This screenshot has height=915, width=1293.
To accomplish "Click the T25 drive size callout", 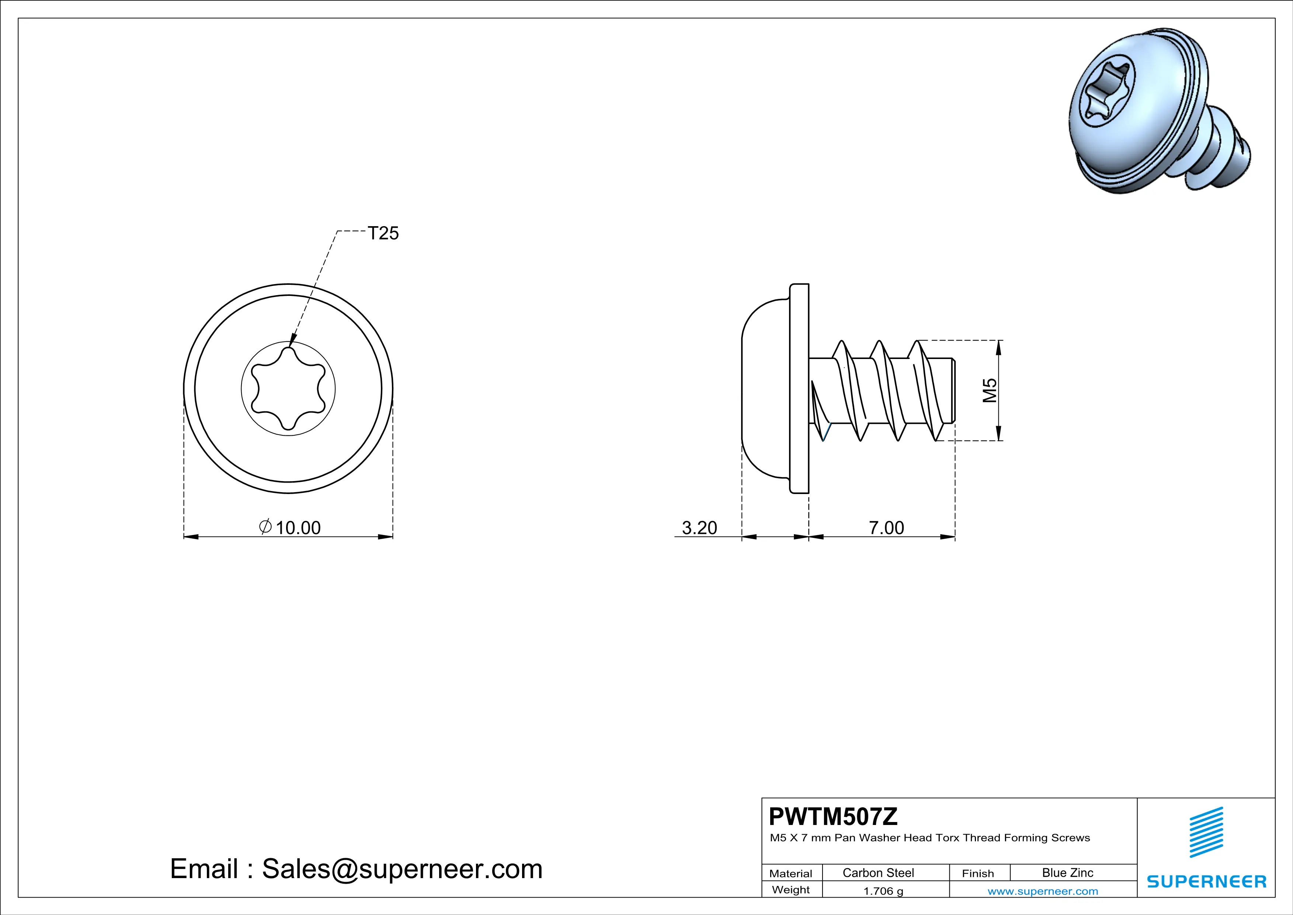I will pos(383,233).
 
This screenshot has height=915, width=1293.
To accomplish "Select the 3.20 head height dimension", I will pos(699,528).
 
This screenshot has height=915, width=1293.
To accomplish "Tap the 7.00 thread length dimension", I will pos(886,528).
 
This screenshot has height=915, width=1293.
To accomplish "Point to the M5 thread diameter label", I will pos(990,390).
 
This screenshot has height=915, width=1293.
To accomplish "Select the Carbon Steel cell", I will pos(878,873).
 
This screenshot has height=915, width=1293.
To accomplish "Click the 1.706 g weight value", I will pos(883,891).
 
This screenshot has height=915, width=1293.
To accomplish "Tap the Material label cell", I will pos(791,873).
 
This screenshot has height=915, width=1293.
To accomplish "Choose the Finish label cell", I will pos(978,873).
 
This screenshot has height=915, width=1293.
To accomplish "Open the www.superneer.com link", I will pos(1042,891).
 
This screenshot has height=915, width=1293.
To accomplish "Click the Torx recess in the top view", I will pos(288,389).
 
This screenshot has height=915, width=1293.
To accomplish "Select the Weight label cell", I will pos(791,890).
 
